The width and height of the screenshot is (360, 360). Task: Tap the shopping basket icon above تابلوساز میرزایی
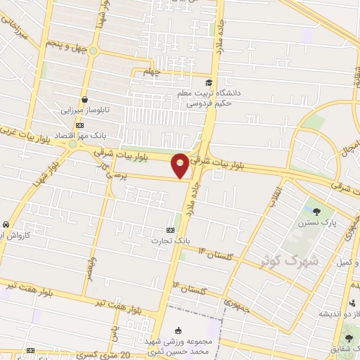point(85,100)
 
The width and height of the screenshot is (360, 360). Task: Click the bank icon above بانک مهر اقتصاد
point(79,124)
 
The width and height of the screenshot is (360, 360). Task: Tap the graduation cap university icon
point(209,84)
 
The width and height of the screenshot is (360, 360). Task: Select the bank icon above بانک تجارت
point(169,231)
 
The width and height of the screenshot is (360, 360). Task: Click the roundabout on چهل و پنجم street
point(93,51)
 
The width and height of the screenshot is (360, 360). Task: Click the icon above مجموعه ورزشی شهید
point(178,331)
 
